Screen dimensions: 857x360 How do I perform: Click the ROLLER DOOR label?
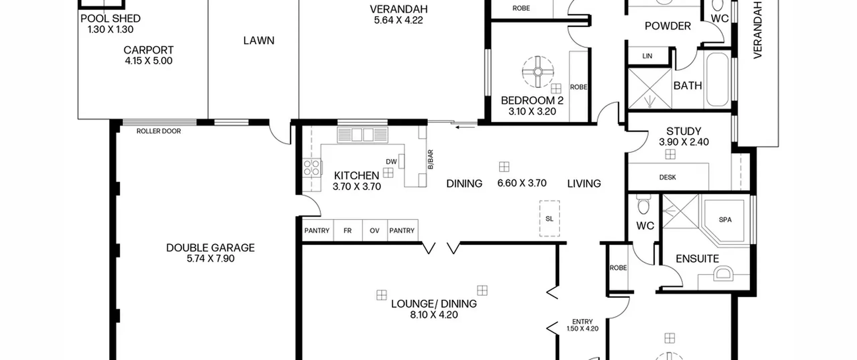159,131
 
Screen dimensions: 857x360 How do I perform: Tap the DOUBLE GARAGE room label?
210,248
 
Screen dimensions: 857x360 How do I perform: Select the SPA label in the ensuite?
725,220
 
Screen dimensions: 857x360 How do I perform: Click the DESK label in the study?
668,177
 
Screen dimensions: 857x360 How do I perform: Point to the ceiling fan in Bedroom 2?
538,72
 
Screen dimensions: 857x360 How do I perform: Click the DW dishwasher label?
391,162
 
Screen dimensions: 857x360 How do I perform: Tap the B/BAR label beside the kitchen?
431,159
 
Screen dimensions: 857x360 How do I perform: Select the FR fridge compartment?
348,230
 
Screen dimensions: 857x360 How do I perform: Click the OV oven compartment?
375,230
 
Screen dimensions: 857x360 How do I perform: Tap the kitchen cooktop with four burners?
312,167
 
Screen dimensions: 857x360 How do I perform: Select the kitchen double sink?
363,135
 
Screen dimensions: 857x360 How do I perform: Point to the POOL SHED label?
110,18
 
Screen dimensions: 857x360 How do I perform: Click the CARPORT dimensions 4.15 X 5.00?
149,61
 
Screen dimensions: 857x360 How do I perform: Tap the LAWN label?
259,41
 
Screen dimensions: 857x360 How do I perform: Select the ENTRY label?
582,321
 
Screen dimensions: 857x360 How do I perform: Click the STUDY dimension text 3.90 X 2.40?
684,142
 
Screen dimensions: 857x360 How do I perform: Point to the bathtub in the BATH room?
717,79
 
